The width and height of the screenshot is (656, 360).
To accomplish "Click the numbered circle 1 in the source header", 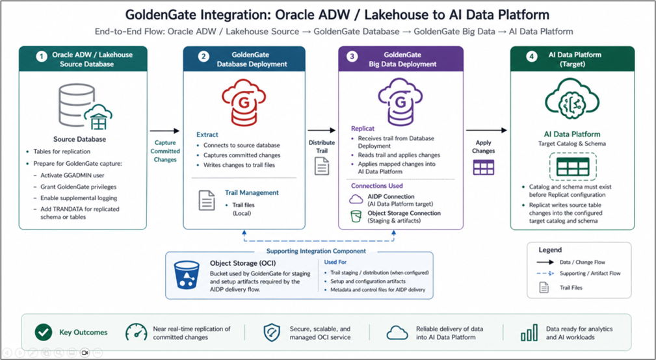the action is [x=41, y=57].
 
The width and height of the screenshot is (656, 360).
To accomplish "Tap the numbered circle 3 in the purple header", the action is [x=352, y=57].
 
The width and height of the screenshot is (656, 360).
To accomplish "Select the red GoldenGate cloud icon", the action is [x=244, y=102].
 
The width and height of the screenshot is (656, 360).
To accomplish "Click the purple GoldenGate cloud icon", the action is [x=400, y=102].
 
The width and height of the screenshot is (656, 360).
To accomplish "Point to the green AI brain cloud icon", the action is [x=572, y=100].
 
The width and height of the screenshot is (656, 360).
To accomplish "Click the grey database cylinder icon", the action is [x=77, y=105].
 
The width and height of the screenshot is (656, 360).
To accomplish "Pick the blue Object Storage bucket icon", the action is [x=187, y=275].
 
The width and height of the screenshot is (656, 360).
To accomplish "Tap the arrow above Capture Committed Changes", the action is [x=165, y=131].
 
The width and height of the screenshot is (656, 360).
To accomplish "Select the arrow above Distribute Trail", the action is [x=321, y=131].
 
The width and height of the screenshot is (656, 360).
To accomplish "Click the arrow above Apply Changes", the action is [x=486, y=131].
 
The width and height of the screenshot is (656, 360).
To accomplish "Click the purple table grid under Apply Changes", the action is [x=484, y=167].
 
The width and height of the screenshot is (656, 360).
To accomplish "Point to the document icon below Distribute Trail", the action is [x=322, y=166].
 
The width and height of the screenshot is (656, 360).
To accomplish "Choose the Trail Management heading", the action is [x=252, y=193].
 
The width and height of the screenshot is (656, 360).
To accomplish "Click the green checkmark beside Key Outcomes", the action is [x=44, y=333].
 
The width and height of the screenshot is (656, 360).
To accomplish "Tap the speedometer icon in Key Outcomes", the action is [x=137, y=333].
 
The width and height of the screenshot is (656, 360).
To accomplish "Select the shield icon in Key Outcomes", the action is [x=272, y=333].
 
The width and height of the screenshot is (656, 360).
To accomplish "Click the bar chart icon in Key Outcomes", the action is [x=529, y=333].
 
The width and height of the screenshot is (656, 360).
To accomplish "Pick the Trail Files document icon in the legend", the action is [x=544, y=288].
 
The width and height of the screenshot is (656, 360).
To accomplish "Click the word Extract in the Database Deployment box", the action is [x=207, y=135].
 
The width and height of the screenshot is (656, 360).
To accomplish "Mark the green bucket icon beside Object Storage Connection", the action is [x=356, y=216].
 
